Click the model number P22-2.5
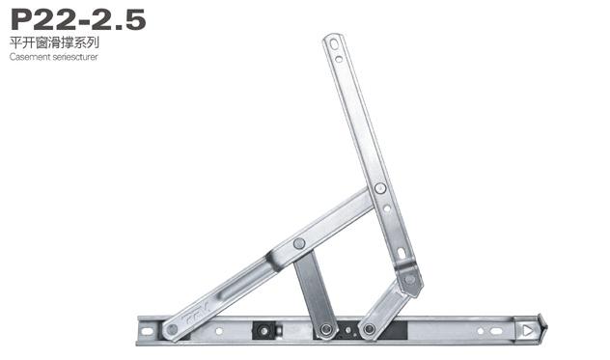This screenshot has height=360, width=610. [78, 19]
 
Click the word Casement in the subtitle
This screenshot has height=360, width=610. [30, 57]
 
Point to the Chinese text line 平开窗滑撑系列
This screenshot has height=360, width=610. [54, 42]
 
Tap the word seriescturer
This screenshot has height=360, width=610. [75, 57]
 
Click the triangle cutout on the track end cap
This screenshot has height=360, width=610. [528, 331]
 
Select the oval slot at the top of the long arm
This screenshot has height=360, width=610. [334, 44]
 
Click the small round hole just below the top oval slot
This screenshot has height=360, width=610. [339, 59]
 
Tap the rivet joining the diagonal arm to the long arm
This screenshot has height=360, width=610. [380, 188]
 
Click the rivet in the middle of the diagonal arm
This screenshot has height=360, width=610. [299, 243]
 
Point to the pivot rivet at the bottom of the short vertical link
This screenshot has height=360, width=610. [326, 330]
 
